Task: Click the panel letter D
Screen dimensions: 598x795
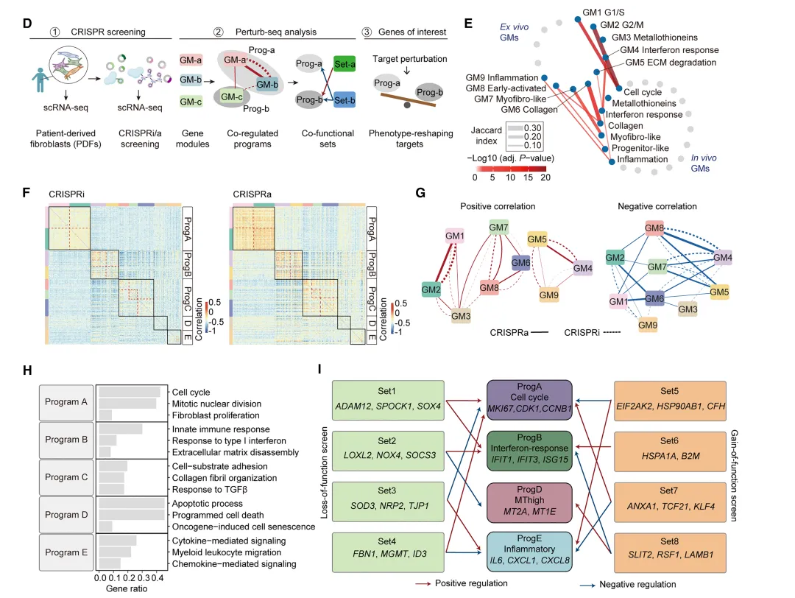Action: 27,24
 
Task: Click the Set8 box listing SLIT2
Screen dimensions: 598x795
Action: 671,557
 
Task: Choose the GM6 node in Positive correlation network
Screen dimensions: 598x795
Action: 521,263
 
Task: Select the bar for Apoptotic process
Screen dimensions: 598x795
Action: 131,503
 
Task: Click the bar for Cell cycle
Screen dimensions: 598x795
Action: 129,391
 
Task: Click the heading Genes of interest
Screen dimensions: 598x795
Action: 413,32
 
